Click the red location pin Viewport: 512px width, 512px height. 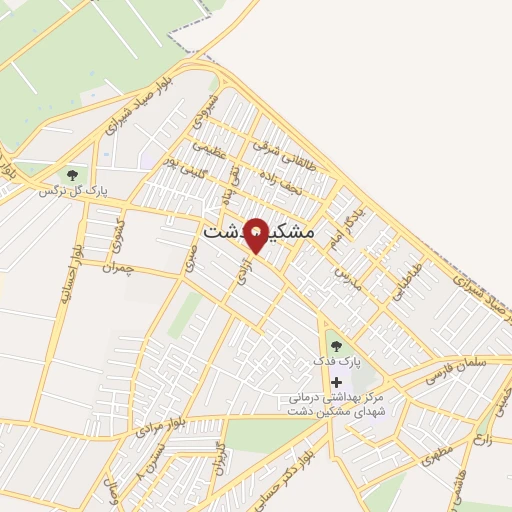click(x=257, y=234)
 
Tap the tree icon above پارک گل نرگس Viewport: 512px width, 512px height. click(x=72, y=175)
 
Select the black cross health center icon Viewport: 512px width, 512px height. click(x=336, y=382)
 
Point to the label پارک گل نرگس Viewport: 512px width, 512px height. click(x=72, y=190)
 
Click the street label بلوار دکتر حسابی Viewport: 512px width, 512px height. click(x=317, y=471)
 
